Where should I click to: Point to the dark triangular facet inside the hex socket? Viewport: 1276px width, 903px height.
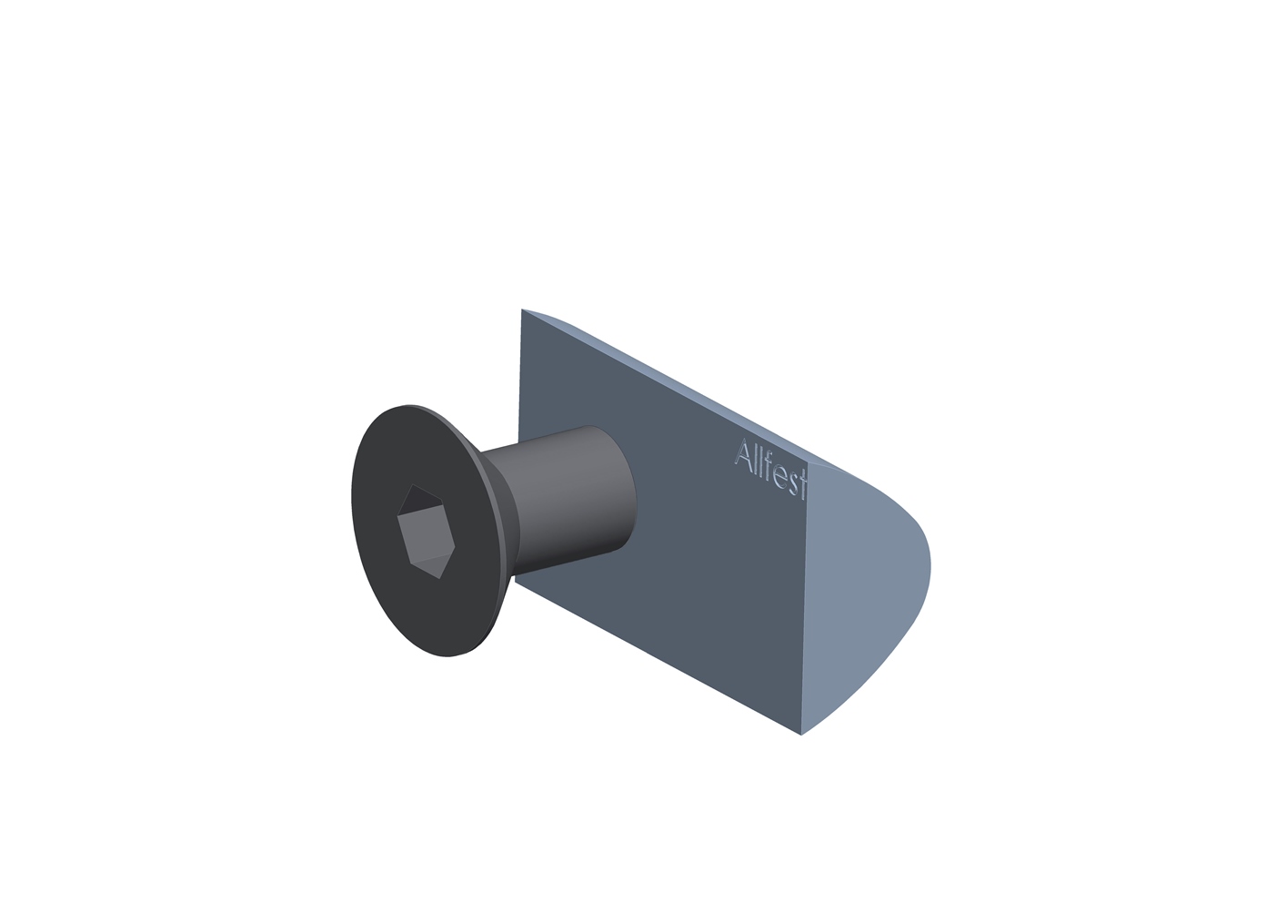(421, 501)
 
